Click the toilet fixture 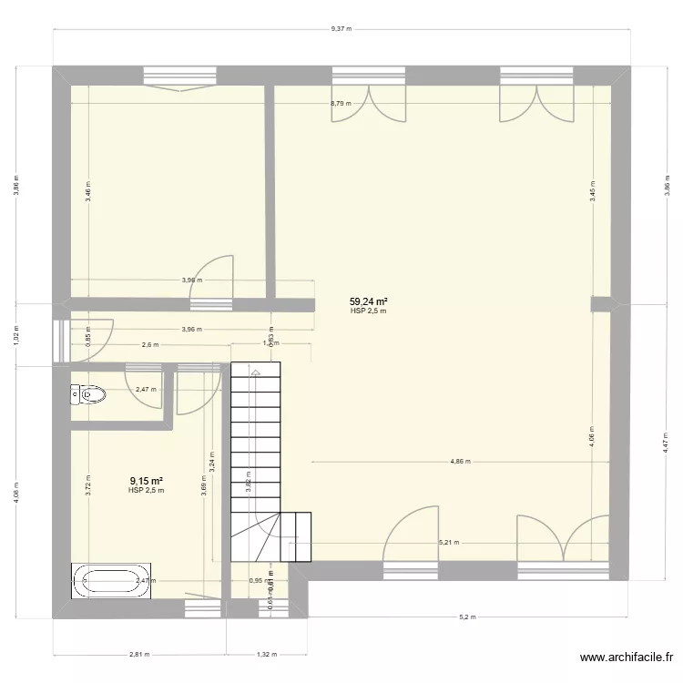[87, 394]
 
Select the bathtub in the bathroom [111, 580]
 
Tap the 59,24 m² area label [369, 301]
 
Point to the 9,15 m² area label [146, 481]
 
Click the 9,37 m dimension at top [341, 28]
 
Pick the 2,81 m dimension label [138, 654]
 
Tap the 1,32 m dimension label [266, 654]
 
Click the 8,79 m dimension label [340, 103]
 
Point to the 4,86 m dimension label [459, 462]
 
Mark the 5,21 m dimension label [448, 543]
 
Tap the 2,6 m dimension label [150, 344]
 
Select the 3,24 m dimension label [211, 463]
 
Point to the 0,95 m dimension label [256, 580]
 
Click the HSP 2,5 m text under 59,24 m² [369, 311]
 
